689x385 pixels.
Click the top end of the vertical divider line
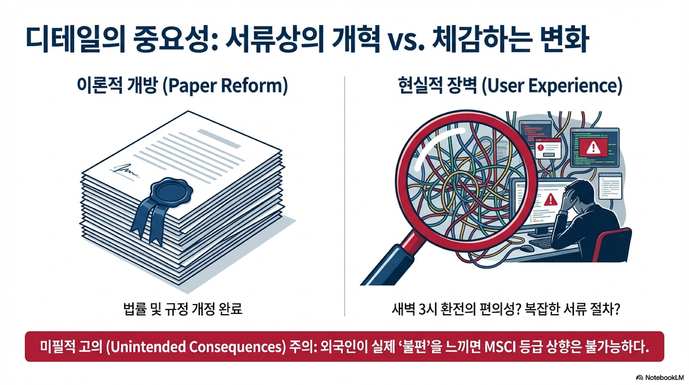coord(344,76)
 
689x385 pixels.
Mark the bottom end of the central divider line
coord(344,316)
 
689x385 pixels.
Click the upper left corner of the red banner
coord(25,331)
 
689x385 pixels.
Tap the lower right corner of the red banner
coord(664,361)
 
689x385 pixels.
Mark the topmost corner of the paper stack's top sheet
coord(188,111)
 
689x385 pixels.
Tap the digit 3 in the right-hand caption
coord(422,309)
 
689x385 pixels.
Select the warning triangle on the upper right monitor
coord(593,147)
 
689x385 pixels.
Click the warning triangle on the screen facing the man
coord(550,199)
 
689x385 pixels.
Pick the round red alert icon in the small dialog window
coord(540,147)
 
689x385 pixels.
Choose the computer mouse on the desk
coord(527,248)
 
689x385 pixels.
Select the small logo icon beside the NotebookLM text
coord(639,377)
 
